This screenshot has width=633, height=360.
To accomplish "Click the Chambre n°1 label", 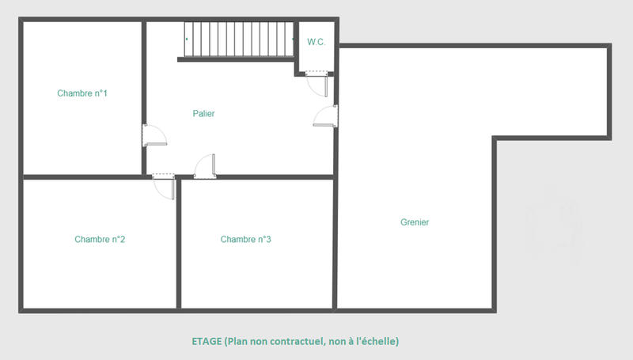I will pyautogui.click(x=82, y=93).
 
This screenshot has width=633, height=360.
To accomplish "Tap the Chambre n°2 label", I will pyautogui.click(x=100, y=239).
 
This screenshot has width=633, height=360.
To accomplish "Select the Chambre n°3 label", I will pyautogui.click(x=246, y=239).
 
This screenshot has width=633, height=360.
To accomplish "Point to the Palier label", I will pyautogui.click(x=203, y=113).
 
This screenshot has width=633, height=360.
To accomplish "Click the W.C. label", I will pyautogui.click(x=316, y=42).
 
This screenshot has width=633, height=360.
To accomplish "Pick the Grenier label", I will pyautogui.click(x=415, y=222).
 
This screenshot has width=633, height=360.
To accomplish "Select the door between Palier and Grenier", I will pyautogui.click(x=327, y=116).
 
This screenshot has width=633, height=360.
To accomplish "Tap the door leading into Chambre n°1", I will pyautogui.click(x=154, y=135).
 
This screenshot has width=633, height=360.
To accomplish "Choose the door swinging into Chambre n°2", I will pyautogui.click(x=164, y=187).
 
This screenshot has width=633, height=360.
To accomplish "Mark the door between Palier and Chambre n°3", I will pyautogui.click(x=206, y=165).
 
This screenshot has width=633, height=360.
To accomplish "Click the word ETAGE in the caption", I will pyautogui.click(x=206, y=342).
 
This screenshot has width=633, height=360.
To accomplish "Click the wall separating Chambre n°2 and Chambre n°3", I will pyautogui.click(x=179, y=245).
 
